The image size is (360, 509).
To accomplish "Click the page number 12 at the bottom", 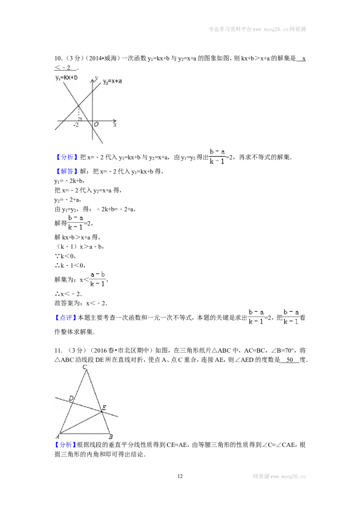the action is coord(180,476).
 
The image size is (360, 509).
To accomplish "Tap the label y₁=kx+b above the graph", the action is coord(66,78).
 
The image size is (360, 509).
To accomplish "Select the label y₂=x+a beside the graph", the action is coord(112,81).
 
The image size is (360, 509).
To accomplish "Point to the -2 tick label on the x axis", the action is coord(76,125).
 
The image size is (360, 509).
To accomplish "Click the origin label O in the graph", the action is coord(96,125).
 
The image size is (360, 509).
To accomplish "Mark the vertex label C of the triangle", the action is coord(85,367).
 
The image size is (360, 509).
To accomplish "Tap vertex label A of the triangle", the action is coord(57,437).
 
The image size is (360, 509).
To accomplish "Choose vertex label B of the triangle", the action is coord(111,437).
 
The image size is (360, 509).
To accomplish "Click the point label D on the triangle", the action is coord(71,398).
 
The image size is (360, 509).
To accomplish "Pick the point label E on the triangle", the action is coord(104,408).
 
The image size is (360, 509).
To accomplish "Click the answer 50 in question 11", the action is coord(290,360).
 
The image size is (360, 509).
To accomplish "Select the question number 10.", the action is coord(58,58).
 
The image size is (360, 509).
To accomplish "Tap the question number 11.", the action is coord(58,351).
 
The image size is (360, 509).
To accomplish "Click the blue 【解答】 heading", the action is coord(66,171).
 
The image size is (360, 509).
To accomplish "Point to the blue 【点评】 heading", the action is coord(66,318).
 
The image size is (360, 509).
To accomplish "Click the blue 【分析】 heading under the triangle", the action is coord(66,445).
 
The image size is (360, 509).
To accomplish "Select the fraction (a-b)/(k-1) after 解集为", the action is coord(98,279).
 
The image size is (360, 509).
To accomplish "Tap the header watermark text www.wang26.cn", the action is coord(270,29).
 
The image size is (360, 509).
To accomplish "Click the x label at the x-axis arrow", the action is coord(115,125).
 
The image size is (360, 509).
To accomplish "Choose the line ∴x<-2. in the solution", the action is coord(68,294).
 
